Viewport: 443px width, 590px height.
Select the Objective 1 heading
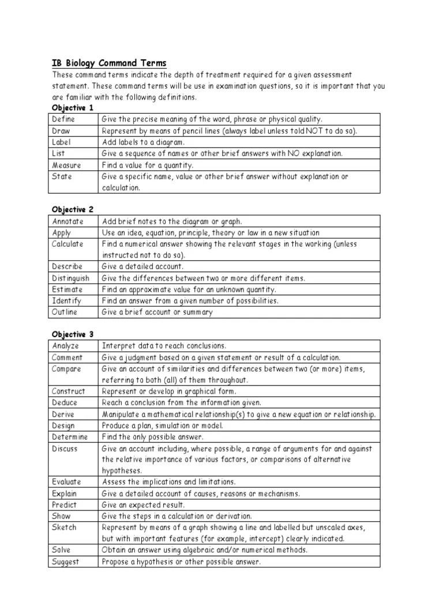(73, 108)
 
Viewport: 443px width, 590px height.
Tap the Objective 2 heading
(73, 210)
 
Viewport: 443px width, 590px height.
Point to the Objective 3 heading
(73, 334)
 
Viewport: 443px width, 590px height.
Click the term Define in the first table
(64, 119)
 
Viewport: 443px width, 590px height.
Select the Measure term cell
(66, 165)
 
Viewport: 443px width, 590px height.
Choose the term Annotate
(68, 221)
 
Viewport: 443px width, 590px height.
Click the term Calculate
(68, 244)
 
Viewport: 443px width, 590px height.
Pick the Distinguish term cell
(71, 278)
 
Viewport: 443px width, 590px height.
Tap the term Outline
(65, 312)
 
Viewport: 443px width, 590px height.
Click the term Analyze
(66, 346)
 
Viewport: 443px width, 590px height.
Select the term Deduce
(65, 403)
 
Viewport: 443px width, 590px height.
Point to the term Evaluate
(67, 482)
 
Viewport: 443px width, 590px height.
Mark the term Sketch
(64, 527)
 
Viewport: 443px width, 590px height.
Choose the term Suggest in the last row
(66, 562)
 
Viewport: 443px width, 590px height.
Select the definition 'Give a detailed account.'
(142, 267)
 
